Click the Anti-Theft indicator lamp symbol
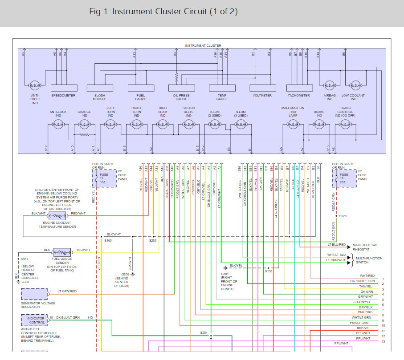[x=35, y=86]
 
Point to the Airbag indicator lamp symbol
[x=329, y=86]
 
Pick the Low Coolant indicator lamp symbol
[x=355, y=86]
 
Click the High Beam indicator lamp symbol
[x=163, y=126]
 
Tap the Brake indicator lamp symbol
[x=319, y=126]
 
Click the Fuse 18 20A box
[x=343, y=178]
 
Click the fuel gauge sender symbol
[x=61, y=252]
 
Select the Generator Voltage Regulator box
[x=34, y=294]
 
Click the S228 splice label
[x=342, y=216]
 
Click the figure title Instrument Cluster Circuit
[x=163, y=12]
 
